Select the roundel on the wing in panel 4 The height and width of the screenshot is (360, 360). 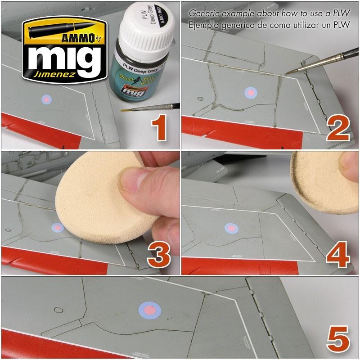click(x=231, y=228)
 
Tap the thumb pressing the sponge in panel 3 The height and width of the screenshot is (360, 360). click(x=135, y=180)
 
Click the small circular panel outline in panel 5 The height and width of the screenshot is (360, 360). click(x=58, y=310)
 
